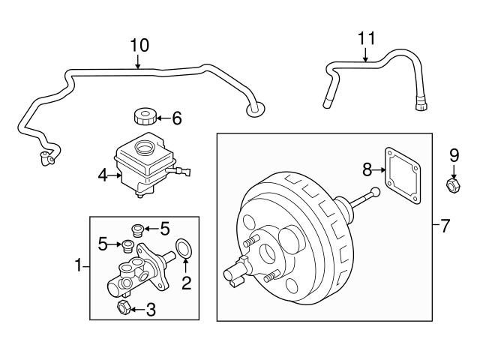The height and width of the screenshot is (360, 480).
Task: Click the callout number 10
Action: [139, 45]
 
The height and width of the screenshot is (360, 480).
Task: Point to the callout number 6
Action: [177, 118]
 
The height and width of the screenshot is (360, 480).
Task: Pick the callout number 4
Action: [103, 176]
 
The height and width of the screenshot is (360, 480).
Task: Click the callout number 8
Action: [367, 169]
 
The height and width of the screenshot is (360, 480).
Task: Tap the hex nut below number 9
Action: [453, 184]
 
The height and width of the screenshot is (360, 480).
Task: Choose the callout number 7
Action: [445, 225]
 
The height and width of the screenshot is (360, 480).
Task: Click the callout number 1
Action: [77, 264]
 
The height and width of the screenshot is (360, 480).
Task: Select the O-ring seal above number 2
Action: [184, 247]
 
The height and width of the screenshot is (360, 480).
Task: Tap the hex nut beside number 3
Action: [121, 307]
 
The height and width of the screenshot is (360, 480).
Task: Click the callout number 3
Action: [150, 307]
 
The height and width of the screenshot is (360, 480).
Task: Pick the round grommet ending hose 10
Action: [254, 111]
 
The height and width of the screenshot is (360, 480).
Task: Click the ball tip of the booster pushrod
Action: [375, 193]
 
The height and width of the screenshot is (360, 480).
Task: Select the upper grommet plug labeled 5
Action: [136, 229]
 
